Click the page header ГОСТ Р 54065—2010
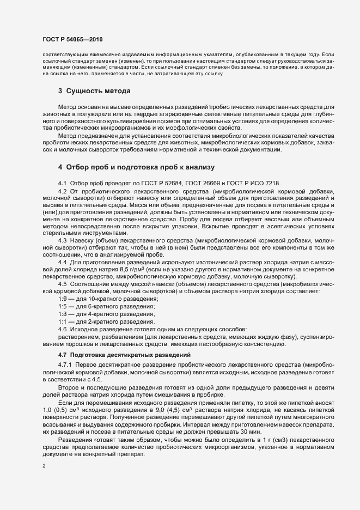[x=72, y=40]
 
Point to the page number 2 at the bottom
[x=44, y=466]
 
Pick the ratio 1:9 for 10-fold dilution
[x=63, y=299]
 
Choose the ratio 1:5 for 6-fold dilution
[x=63, y=307]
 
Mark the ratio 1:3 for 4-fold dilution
[x=63, y=314]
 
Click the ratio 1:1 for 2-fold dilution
[x=63, y=322]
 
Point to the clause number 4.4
[x=62, y=261]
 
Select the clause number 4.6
[x=62, y=330]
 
